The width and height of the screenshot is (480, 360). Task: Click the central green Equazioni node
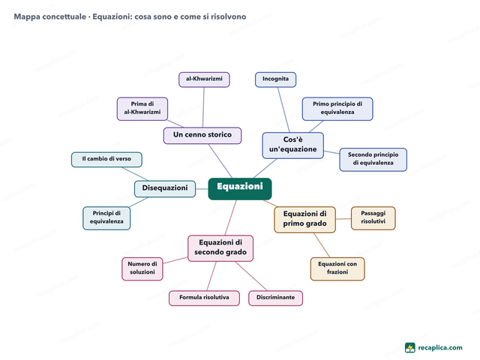click(240, 188)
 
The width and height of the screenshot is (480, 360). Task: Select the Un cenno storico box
click(202, 136)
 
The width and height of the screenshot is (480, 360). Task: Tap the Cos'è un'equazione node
click(293, 145)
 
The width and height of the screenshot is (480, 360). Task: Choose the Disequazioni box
click(165, 189)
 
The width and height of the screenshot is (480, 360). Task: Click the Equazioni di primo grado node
click(304, 220)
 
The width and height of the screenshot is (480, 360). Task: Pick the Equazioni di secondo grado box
click(220, 248)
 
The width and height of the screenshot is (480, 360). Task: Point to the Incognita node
click(275, 79)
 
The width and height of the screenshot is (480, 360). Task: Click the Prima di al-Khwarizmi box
click(142, 109)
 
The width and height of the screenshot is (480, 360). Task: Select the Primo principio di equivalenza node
click(337, 109)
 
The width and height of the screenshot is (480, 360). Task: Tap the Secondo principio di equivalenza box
click(373, 160)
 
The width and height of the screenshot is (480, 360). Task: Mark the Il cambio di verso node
click(106, 160)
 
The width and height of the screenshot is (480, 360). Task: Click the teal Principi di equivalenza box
click(106, 218)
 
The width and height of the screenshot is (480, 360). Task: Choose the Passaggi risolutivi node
click(373, 218)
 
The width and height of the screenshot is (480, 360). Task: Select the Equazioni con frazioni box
click(337, 268)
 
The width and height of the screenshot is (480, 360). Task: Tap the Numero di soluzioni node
click(142, 268)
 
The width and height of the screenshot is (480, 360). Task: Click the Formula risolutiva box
click(204, 298)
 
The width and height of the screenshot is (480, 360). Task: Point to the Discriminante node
click(275, 298)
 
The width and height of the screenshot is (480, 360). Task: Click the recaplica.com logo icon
click(410, 348)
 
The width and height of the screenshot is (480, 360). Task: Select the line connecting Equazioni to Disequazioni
click(202, 189)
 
